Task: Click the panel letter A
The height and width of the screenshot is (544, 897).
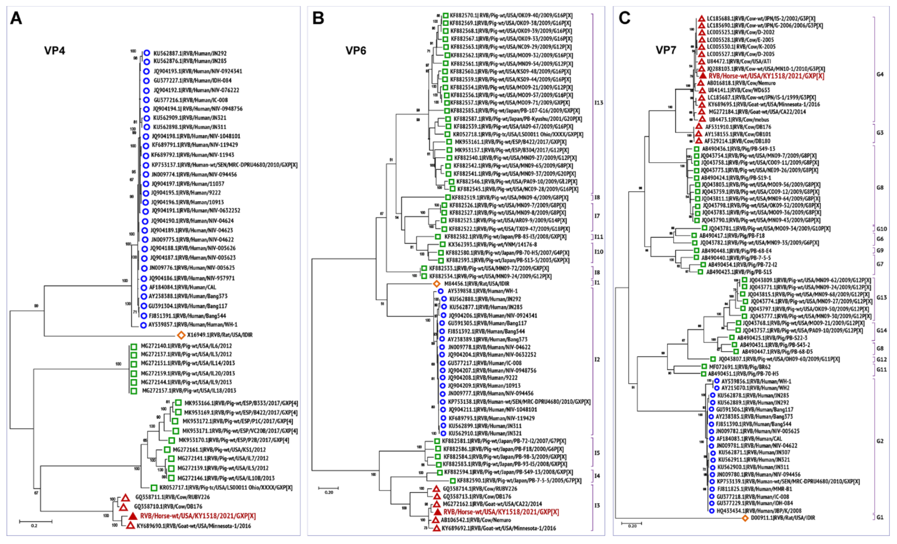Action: click(16, 18)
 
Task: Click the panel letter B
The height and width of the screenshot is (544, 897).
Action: click(318, 18)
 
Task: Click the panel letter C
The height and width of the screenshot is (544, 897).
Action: click(625, 18)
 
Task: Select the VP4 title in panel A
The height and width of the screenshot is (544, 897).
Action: click(55, 51)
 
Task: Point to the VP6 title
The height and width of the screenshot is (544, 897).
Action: click(356, 51)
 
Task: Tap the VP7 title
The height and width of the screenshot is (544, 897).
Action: click(666, 50)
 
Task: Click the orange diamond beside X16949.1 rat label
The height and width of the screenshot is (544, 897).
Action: click(181, 335)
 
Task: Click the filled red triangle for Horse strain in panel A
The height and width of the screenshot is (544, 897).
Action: click(133, 516)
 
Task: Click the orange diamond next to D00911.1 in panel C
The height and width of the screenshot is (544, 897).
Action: click(745, 518)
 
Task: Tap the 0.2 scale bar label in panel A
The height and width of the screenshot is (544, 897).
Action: click(34, 526)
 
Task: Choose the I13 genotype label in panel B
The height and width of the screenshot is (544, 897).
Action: click(599, 103)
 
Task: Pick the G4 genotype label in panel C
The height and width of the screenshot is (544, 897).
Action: click(880, 74)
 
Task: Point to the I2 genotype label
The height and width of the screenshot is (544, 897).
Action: click(597, 360)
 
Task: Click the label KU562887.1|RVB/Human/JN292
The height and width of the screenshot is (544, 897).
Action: click(190, 53)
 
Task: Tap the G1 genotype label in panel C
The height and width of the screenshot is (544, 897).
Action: click(880, 517)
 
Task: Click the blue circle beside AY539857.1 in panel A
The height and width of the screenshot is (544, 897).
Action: click(143, 325)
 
